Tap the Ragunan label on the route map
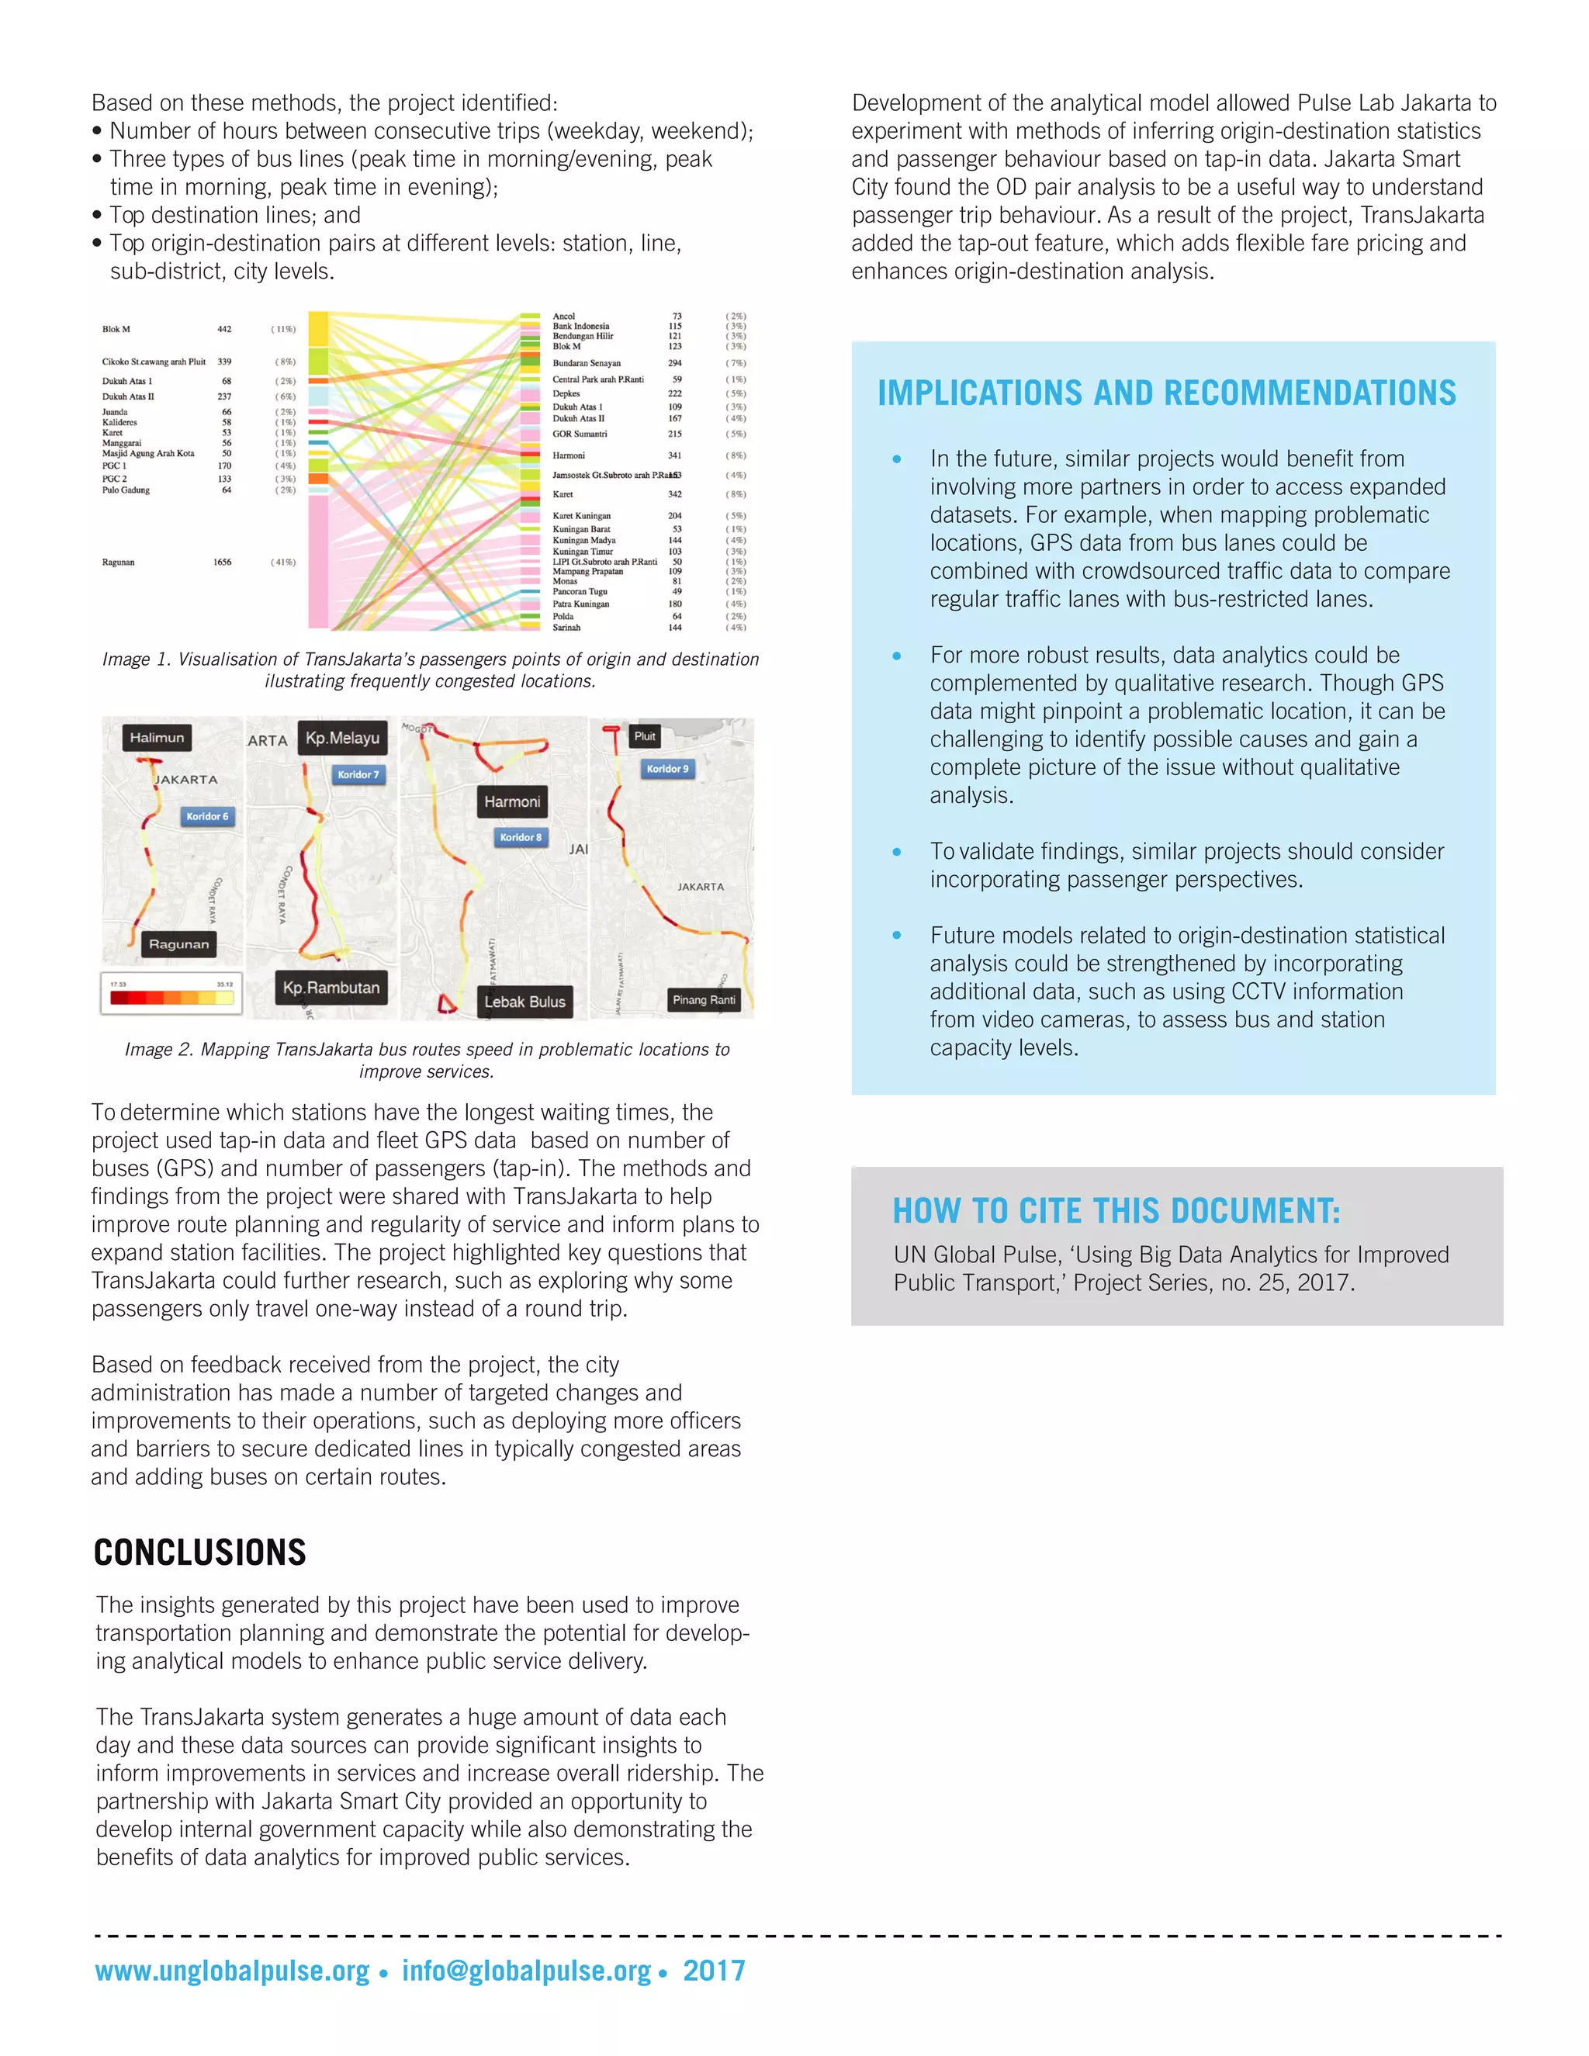(x=179, y=944)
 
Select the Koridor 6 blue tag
(x=207, y=816)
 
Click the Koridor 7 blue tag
(x=358, y=775)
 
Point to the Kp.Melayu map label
(x=343, y=738)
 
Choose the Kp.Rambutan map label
(x=331, y=988)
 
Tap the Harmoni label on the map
(x=512, y=802)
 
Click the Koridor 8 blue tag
(x=521, y=837)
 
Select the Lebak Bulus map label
(x=524, y=1002)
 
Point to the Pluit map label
(x=645, y=736)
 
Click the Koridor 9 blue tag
(x=667, y=769)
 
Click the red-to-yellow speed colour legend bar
(x=171, y=997)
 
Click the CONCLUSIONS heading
(x=199, y=1552)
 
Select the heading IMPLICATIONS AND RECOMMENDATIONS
(x=1166, y=393)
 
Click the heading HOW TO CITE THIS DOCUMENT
(x=1116, y=1210)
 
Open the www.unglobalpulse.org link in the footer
(x=231, y=1971)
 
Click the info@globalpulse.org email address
(x=526, y=1971)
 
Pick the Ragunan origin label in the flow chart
(x=119, y=562)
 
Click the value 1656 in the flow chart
(x=222, y=562)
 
